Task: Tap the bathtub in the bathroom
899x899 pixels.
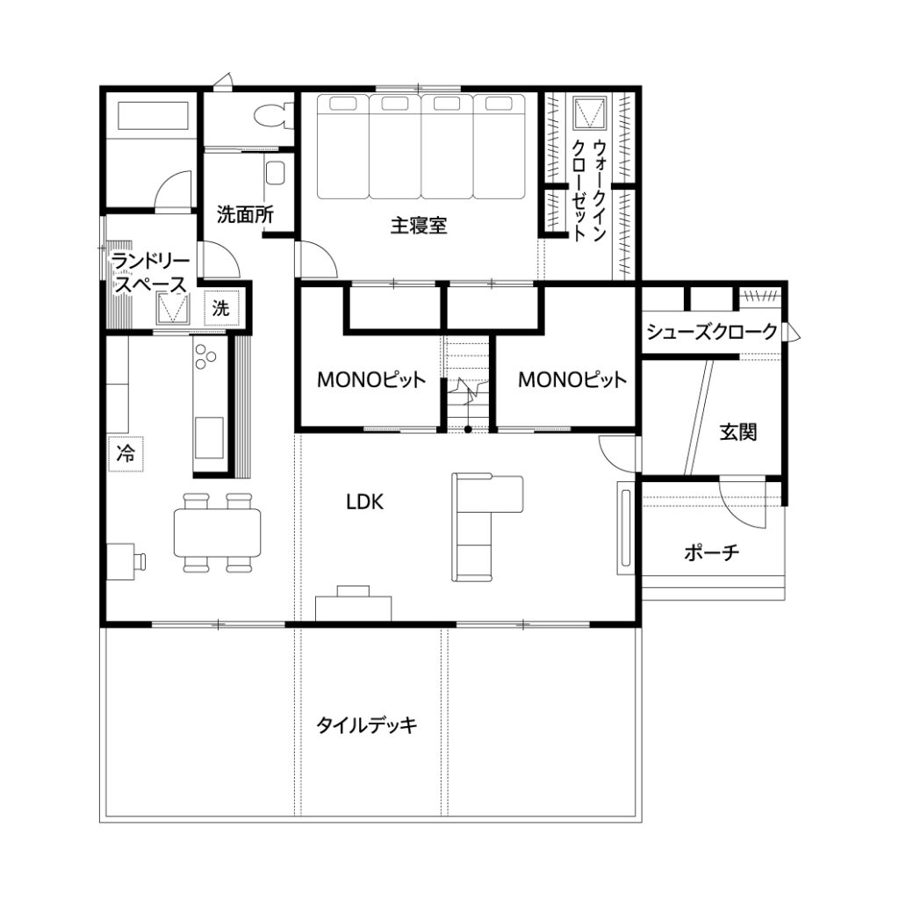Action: click(x=153, y=117)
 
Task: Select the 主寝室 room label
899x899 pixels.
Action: click(x=419, y=225)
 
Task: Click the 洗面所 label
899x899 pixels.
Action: click(x=245, y=214)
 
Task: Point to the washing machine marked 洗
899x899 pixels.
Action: click(x=221, y=308)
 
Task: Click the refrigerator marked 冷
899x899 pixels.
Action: click(x=126, y=454)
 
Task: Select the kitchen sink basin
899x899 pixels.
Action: click(x=209, y=437)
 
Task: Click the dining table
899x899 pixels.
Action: click(x=218, y=533)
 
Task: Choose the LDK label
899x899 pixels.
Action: click(x=364, y=502)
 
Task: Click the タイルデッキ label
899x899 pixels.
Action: click(x=366, y=725)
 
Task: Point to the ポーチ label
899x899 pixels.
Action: click(x=711, y=553)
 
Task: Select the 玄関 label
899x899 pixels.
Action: click(x=737, y=432)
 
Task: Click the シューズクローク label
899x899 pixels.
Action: click(x=711, y=331)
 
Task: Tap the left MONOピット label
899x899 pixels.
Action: click(x=371, y=379)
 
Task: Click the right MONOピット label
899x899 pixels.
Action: click(x=572, y=379)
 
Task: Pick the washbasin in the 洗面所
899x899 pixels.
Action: click(x=275, y=173)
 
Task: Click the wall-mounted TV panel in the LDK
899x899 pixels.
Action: click(x=624, y=528)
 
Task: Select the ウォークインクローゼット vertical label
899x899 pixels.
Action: click(x=589, y=190)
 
